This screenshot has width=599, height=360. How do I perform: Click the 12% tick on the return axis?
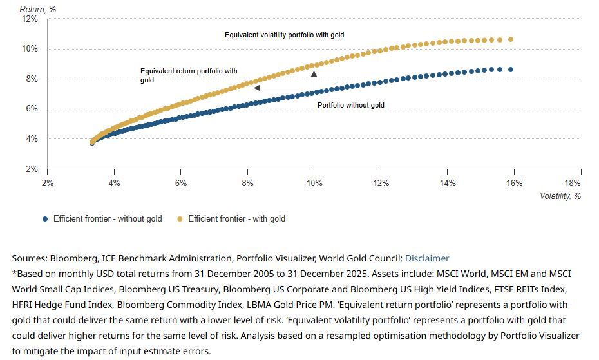(x=30, y=19)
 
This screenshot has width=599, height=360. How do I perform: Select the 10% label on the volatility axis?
(x=314, y=184)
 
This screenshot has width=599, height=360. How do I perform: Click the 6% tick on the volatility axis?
(x=181, y=184)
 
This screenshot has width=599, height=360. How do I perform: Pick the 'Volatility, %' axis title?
(x=560, y=196)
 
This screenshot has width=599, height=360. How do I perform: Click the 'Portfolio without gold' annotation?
(x=351, y=105)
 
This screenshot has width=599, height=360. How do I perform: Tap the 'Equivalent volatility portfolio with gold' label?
(x=284, y=35)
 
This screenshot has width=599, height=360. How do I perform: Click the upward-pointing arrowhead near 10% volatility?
(x=314, y=73)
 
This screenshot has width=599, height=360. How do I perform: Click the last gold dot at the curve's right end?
(x=511, y=39)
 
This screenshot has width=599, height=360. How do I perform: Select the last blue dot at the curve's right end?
(x=511, y=70)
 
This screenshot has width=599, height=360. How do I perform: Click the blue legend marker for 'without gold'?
(x=45, y=219)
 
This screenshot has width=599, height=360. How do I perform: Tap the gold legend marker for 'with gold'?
(x=180, y=219)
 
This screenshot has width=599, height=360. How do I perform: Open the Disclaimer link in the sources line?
(x=427, y=258)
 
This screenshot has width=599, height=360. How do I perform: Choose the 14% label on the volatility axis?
(x=448, y=184)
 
